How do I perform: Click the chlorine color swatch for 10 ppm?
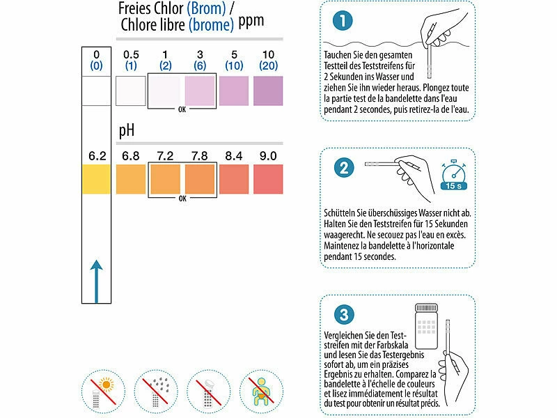[268, 91]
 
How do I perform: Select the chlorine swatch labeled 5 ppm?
[234, 91]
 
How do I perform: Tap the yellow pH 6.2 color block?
[96, 179]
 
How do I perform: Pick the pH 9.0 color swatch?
[268, 179]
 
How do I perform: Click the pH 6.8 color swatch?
[131, 179]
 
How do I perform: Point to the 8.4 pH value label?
[234, 156]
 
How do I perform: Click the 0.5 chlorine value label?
[131, 55]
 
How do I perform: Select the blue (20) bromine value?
[268, 65]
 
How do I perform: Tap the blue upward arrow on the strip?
[96, 281]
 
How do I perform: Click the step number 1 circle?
[343, 21]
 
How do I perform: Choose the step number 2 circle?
[344, 167]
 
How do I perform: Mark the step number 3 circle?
[344, 315]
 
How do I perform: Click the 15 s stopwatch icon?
[454, 175]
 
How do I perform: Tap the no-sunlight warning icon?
[103, 392]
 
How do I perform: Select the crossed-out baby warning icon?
[262, 392]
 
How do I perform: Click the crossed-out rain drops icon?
[156, 392]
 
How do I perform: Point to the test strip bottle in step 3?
[426, 326]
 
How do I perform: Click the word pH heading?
[127, 131]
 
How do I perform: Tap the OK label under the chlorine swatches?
[182, 110]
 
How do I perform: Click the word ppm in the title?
[251, 22]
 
